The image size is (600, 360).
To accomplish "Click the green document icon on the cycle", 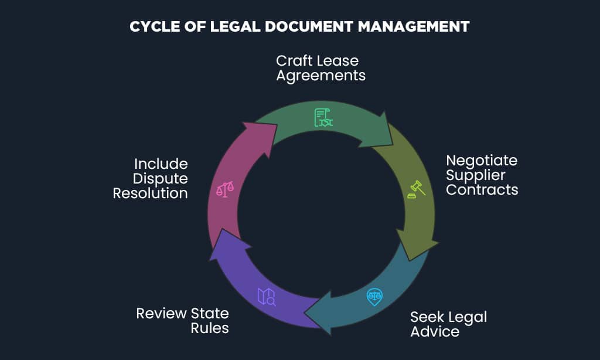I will (x=323, y=117).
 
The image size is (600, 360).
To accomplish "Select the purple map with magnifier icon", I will (x=267, y=296).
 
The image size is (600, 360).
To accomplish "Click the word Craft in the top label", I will (x=295, y=61).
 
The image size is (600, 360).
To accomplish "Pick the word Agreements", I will (x=321, y=76).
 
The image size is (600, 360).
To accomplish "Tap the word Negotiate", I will (x=482, y=161).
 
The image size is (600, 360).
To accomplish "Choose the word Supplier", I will (x=476, y=175).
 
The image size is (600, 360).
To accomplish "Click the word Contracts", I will (x=482, y=189).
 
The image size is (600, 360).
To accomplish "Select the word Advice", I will (x=435, y=332).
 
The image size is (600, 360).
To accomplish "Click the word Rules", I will (x=210, y=328).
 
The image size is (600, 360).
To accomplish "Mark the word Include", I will (x=161, y=164).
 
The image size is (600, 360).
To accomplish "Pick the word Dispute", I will (x=161, y=178).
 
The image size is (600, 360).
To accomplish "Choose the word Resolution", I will (x=151, y=193).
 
